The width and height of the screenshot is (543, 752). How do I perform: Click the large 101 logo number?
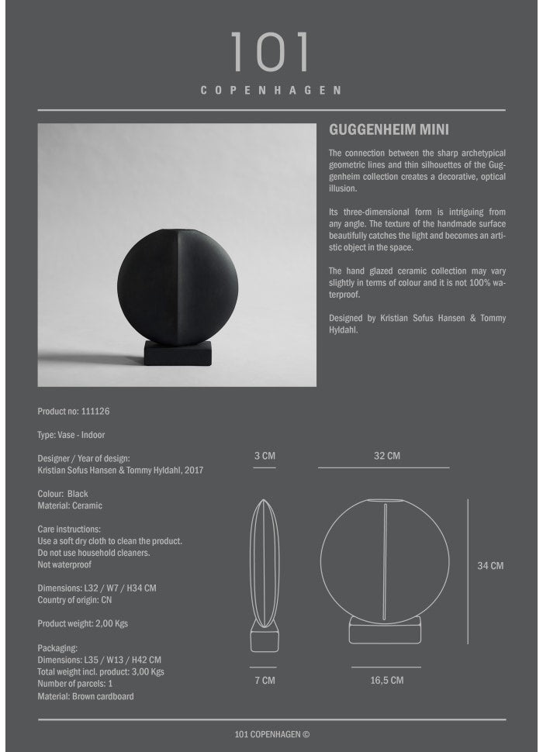[x=271, y=53]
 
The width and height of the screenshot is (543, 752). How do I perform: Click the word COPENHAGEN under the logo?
[x=271, y=90]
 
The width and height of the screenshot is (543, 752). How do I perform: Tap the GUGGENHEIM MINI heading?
[x=389, y=130]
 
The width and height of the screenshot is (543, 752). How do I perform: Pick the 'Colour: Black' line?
[x=63, y=494]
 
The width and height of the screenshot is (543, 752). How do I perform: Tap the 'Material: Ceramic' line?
[x=70, y=505]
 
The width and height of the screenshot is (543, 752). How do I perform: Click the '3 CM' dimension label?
[x=265, y=456]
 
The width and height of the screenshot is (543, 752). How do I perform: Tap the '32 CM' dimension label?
[x=387, y=456]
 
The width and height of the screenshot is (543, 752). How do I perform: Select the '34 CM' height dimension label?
[x=490, y=566]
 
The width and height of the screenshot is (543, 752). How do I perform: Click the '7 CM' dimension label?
[x=265, y=681]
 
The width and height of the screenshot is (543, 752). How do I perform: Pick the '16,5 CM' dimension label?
[x=386, y=681]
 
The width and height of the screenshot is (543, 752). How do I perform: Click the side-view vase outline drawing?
[x=265, y=574]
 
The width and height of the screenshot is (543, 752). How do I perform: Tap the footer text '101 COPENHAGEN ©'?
[x=271, y=734]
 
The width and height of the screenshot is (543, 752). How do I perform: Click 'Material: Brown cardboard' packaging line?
[x=85, y=696]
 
